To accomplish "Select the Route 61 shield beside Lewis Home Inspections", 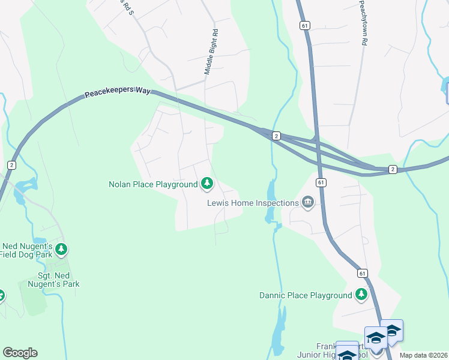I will pos(322,182).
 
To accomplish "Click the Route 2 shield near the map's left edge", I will pos(11,164).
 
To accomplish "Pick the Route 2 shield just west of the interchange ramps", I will pos(276,136).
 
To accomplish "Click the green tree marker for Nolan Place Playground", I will pos(207,183).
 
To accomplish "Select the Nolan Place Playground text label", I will pos(152,184).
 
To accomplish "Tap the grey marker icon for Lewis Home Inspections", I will pos(308,202).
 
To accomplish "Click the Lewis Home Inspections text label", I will pos(253,203).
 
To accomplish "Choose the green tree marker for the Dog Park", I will pos(61,248).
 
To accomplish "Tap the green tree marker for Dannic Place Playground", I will pos(361,294).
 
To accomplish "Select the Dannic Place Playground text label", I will pos(306,295).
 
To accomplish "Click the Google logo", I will pos(20,353).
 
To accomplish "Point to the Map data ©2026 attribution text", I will pos(423,355).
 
